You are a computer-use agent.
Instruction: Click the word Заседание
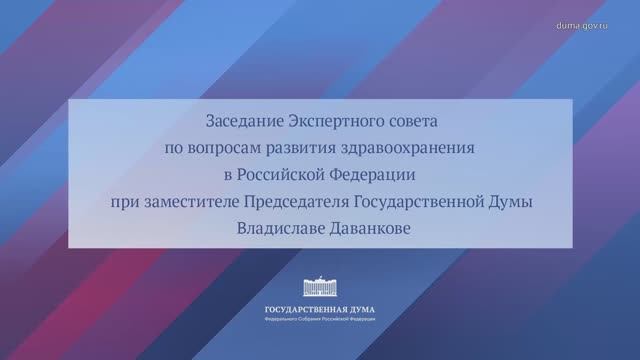click(x=241, y=120)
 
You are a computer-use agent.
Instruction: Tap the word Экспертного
click(x=334, y=120)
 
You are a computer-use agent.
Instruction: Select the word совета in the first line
click(x=412, y=120)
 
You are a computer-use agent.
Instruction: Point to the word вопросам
click(x=225, y=148)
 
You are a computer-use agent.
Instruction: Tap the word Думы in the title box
click(x=516, y=203)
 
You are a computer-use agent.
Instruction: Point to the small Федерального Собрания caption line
click(x=320, y=320)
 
